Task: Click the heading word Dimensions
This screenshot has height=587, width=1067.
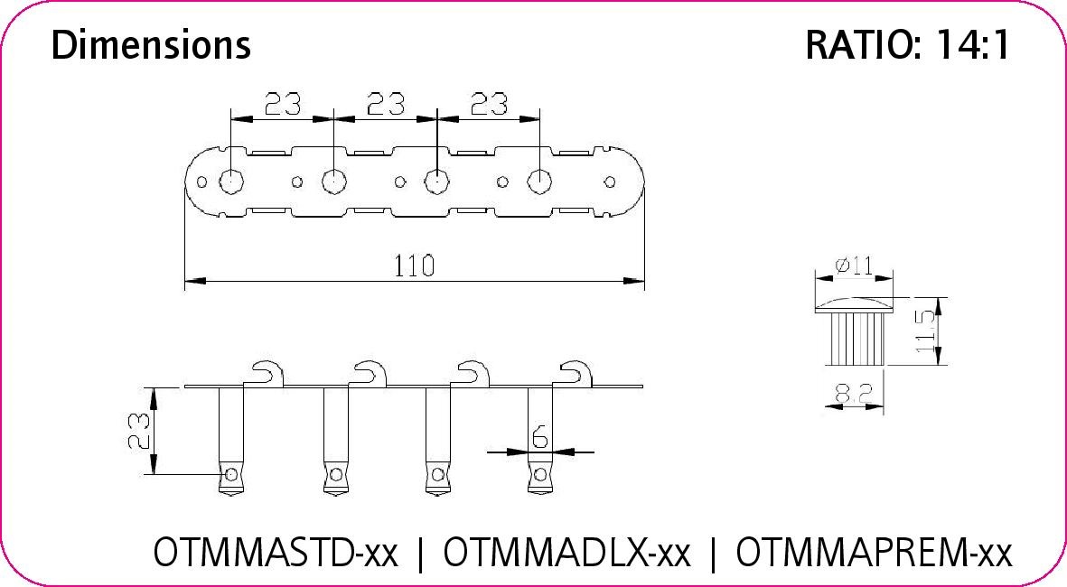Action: pyautogui.click(x=151, y=44)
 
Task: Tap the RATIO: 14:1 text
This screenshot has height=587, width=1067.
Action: pyautogui.click(x=906, y=45)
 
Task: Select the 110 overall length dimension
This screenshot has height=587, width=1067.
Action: pyautogui.click(x=415, y=266)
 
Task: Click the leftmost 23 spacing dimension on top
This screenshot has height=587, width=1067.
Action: pyautogui.click(x=282, y=105)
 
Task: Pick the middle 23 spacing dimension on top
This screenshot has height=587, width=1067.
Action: pyautogui.click(x=385, y=105)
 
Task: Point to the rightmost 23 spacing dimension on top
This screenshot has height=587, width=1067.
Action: pyautogui.click(x=488, y=105)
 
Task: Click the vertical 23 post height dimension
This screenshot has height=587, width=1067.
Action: pyautogui.click(x=137, y=432)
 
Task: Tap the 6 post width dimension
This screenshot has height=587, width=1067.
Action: pyautogui.click(x=539, y=437)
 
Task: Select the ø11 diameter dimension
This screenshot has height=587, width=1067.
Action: pyautogui.click(x=853, y=266)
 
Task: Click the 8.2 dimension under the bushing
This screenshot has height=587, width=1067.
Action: pyautogui.click(x=854, y=394)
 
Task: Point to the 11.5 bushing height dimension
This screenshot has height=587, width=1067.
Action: pyautogui.click(x=923, y=331)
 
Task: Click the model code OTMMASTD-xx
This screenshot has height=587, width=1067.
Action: pyautogui.click(x=276, y=552)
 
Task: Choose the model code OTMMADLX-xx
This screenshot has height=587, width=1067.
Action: pyautogui.click(x=567, y=552)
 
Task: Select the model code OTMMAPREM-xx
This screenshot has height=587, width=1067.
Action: pyautogui.click(x=874, y=552)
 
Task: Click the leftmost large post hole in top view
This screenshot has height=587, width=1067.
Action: pyautogui.click(x=231, y=182)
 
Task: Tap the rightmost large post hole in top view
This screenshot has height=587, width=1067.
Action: pyautogui.click(x=539, y=182)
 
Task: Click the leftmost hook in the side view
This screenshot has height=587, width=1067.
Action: pyautogui.click(x=267, y=373)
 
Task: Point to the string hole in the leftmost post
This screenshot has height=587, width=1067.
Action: pyautogui.click(x=231, y=474)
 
